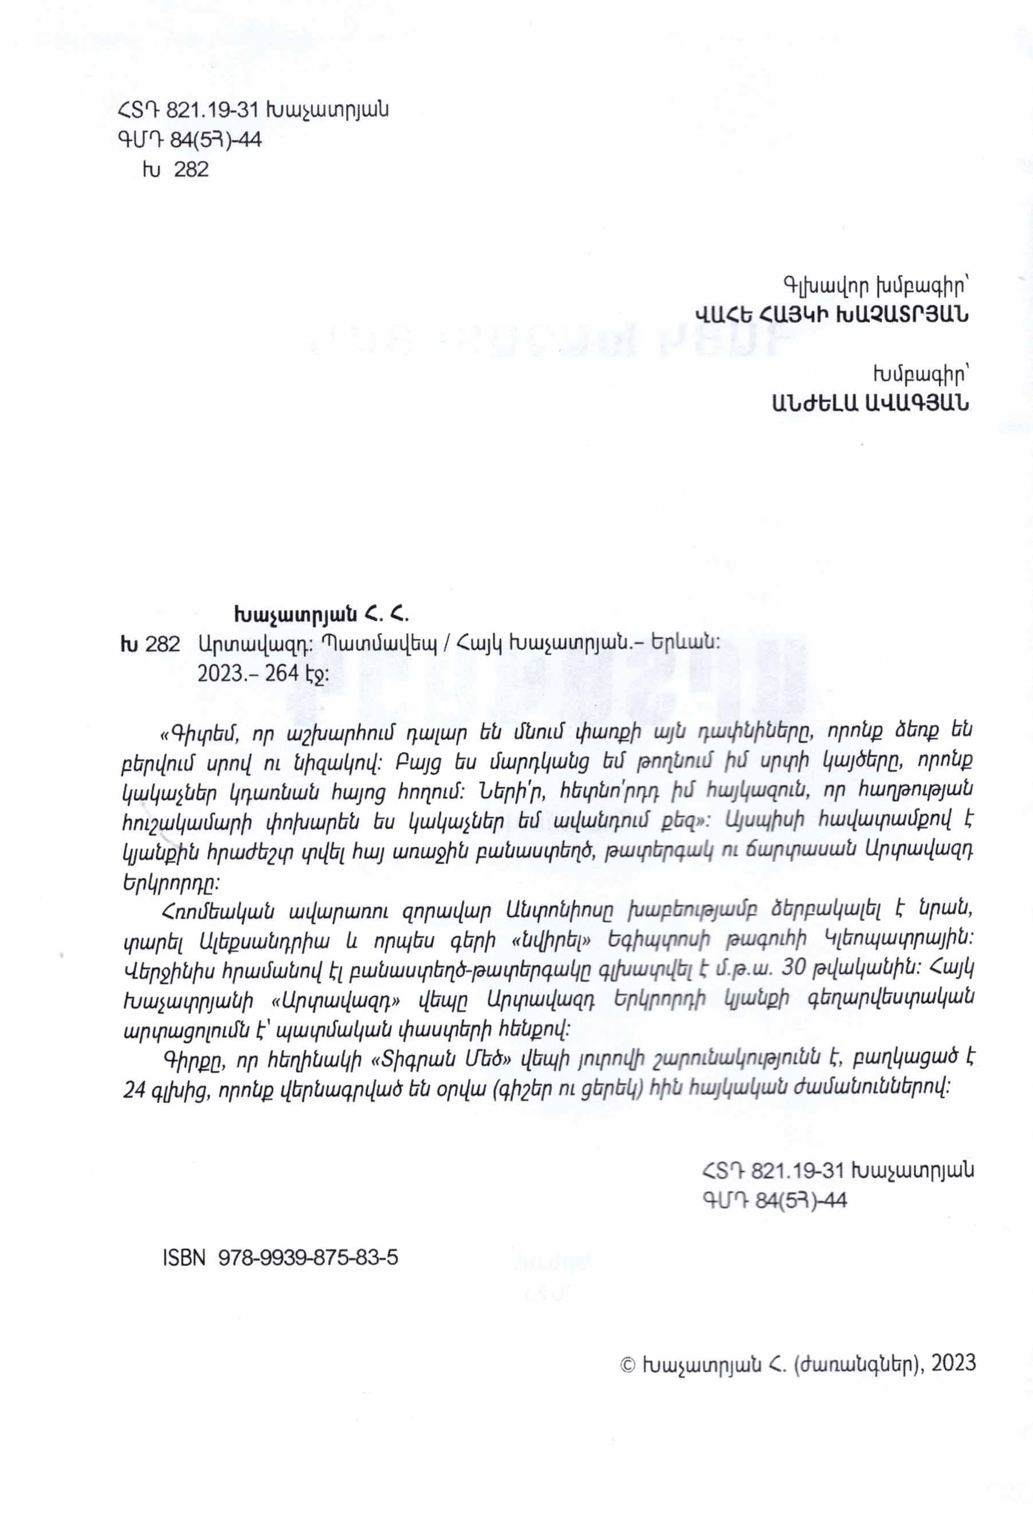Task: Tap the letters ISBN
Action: point(183,1257)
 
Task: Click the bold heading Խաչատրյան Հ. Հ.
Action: point(321,615)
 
